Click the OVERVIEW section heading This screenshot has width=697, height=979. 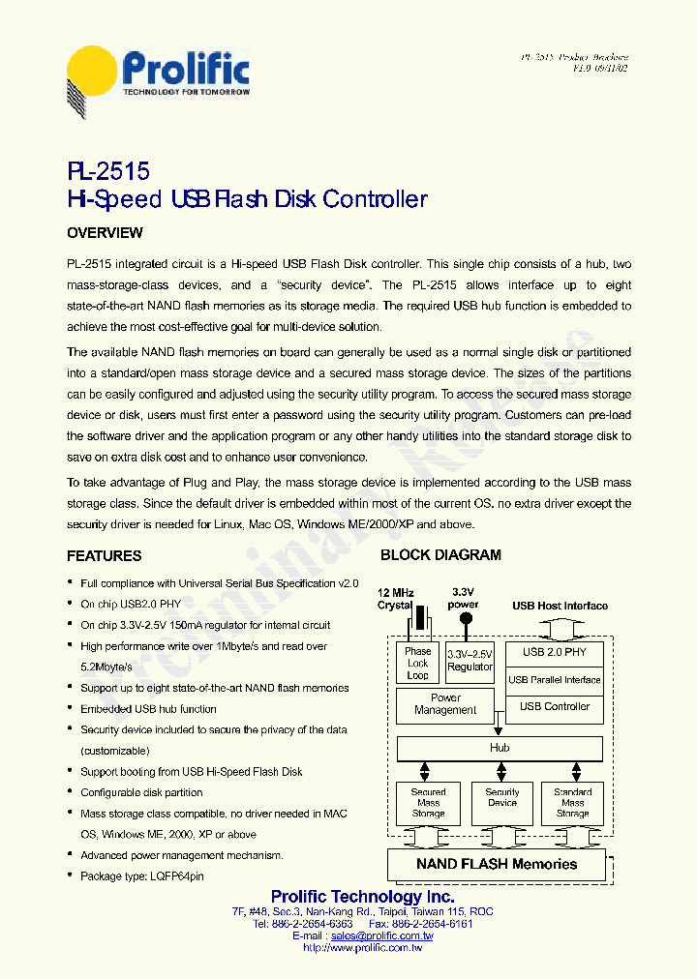pyautogui.click(x=105, y=233)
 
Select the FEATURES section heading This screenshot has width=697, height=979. pyautogui.click(x=104, y=556)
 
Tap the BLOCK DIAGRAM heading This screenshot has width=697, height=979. pyautogui.click(x=440, y=555)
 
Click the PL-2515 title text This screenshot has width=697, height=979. pyautogui.click(x=108, y=171)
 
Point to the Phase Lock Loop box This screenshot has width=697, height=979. pyautogui.click(x=417, y=664)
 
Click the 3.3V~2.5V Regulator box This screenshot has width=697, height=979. pyautogui.click(x=470, y=660)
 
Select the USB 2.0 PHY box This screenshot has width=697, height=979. pyautogui.click(x=555, y=652)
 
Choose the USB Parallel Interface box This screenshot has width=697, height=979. pyautogui.click(x=555, y=680)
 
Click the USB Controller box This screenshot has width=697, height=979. pyautogui.click(x=555, y=707)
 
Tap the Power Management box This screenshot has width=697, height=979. pyautogui.click(x=445, y=704)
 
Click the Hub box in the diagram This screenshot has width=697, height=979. pyautogui.click(x=500, y=748)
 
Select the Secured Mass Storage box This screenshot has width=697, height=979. pyautogui.click(x=428, y=803)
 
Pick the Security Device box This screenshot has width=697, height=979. pyautogui.click(x=501, y=797)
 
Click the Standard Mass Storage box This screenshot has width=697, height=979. pyautogui.click(x=572, y=803)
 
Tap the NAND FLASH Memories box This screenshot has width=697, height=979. pyautogui.click(x=496, y=864)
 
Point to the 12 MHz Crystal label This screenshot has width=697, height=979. pyautogui.click(x=395, y=599)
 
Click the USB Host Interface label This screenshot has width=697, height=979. pyautogui.click(x=560, y=606)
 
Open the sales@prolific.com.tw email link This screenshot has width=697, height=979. pyautogui.click(x=381, y=936)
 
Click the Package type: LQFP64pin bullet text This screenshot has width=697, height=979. pyautogui.click(x=142, y=876)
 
